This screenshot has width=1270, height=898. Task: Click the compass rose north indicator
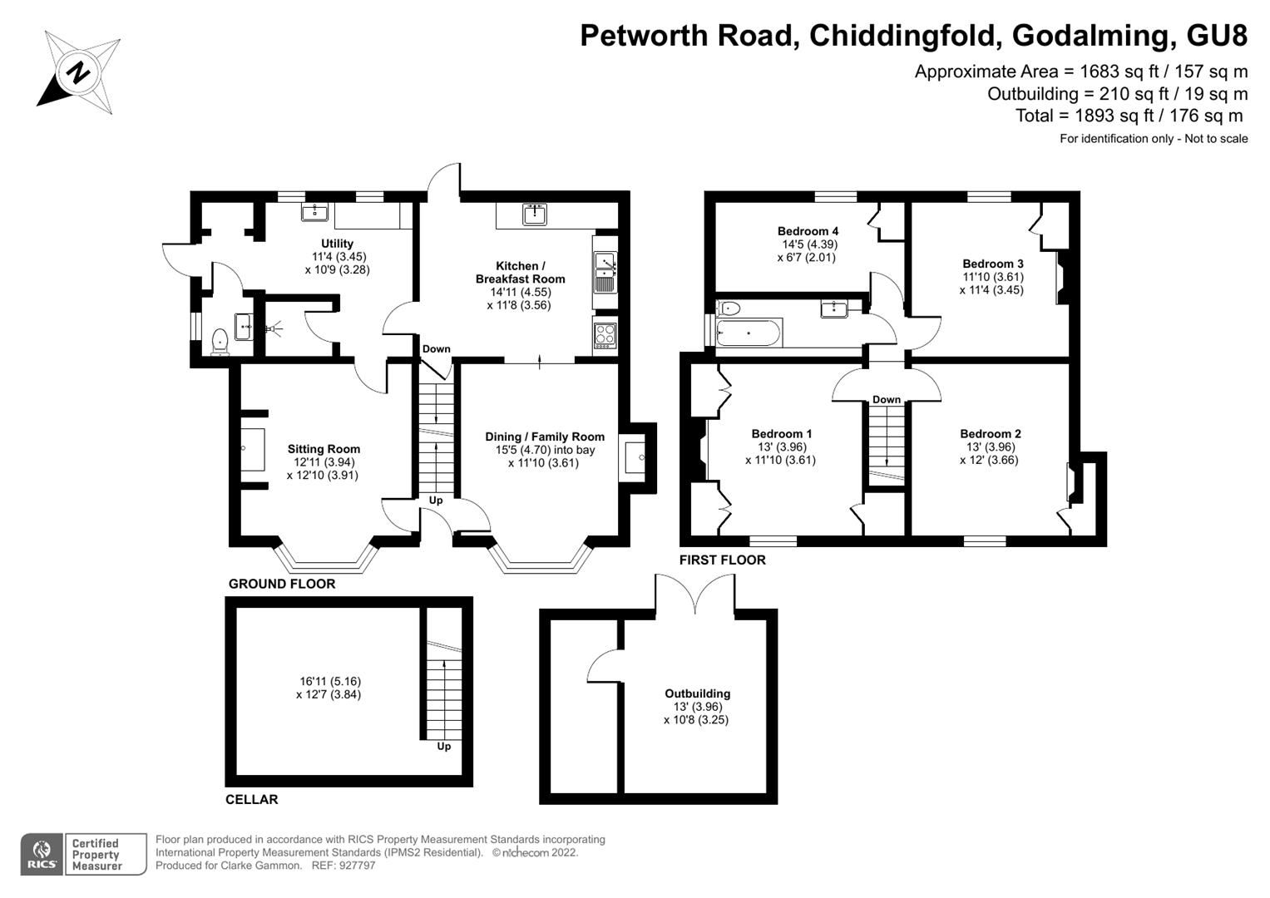(77, 72)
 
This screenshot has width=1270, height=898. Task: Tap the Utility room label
(338, 244)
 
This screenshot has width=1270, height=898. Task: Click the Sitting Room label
(324, 449)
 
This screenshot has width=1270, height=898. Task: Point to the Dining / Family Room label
(545, 437)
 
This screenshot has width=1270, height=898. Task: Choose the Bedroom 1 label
(781, 433)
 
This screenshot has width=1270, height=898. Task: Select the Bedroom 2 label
(990, 433)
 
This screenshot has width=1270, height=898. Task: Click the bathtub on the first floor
(749, 333)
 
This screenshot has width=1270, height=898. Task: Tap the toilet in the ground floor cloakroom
(220, 340)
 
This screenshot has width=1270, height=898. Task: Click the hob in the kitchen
(605, 334)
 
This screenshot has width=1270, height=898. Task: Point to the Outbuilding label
(697, 693)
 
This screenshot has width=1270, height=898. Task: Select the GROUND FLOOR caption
(282, 584)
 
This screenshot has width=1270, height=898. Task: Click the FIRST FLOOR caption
(722, 560)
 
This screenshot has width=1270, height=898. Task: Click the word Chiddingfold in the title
(902, 36)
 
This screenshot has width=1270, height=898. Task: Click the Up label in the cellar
(444, 746)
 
